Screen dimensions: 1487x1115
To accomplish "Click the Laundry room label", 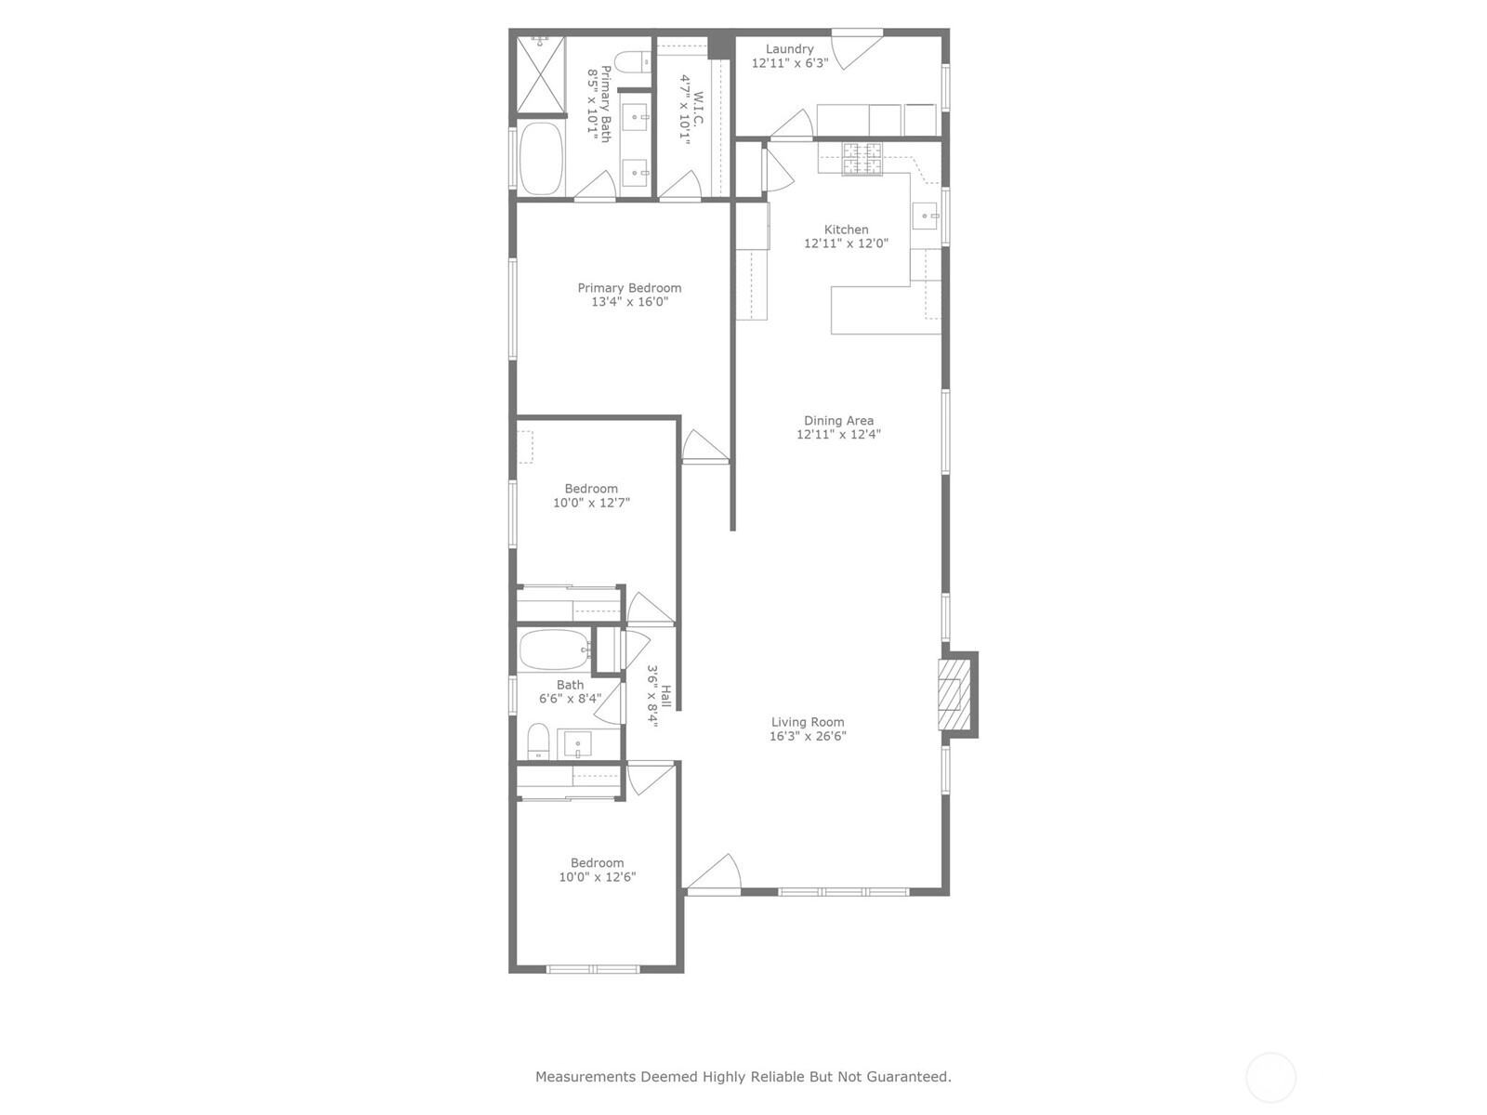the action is [x=789, y=48].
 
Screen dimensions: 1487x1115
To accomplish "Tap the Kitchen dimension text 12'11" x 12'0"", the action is [x=846, y=243].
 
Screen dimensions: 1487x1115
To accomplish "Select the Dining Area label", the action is [x=838, y=420].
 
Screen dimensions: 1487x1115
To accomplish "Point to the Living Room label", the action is [x=808, y=722].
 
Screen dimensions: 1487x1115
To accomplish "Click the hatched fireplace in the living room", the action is [x=954, y=694].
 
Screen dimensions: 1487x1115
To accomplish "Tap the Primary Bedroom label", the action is [x=629, y=288].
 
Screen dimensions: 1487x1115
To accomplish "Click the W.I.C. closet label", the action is [x=699, y=109].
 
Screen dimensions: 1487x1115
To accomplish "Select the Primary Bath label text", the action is [x=606, y=103].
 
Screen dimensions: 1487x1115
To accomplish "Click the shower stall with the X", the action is [x=541, y=73].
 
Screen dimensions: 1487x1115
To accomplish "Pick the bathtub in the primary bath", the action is [x=541, y=158].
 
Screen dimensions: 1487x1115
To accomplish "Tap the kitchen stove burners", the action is [x=862, y=159].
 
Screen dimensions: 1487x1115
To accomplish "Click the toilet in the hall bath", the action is [x=538, y=741].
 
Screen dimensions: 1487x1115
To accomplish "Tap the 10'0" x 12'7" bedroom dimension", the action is [x=591, y=503].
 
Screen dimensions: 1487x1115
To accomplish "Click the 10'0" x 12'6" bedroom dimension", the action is [x=597, y=877].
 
